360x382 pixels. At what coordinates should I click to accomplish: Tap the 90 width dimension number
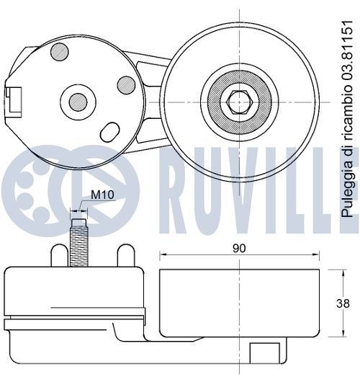[x=239, y=248]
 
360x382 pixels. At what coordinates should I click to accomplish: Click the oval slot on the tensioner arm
[x=110, y=132]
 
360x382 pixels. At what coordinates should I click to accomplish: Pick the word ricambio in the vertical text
[x=347, y=117]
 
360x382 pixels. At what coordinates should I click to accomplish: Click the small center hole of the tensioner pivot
[x=77, y=101]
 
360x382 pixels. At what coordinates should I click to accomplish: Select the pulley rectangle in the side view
[x=239, y=303]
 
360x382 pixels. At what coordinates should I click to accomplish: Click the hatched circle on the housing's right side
[x=126, y=85]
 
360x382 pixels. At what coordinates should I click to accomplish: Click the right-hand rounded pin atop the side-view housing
[x=125, y=254]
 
